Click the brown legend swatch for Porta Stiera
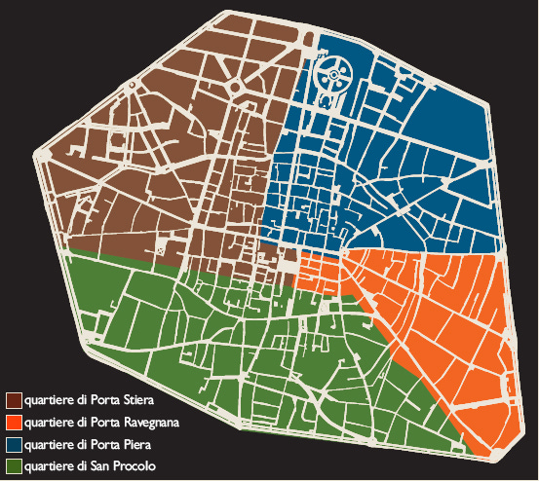pos(15,400)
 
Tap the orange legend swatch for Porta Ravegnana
pos(15,423)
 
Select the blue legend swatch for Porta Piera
pos(15,444)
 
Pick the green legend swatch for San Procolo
pos(15,465)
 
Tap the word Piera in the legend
pos(128,444)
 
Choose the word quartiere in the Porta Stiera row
pos(49,400)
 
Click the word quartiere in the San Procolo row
pos(49,465)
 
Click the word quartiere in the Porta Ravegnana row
pos(49,423)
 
